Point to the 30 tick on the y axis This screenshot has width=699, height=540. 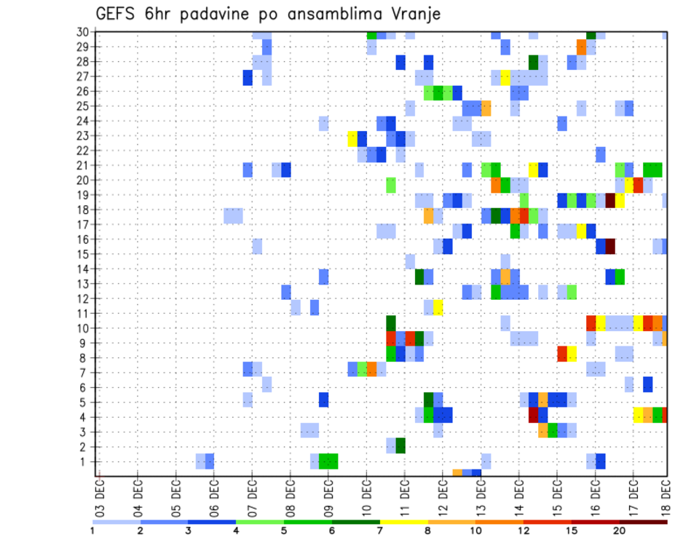pyautogui.click(x=83, y=32)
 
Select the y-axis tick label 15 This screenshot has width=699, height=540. pyautogui.click(x=83, y=254)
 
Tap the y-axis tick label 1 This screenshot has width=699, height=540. pyautogui.click(x=86, y=461)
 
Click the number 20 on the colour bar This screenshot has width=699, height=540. pyautogui.click(x=619, y=531)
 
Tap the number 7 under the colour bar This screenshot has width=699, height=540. pyautogui.click(x=379, y=531)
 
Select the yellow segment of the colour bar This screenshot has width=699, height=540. pyautogui.click(x=403, y=521)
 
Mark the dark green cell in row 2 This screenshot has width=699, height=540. pyautogui.click(x=400, y=445)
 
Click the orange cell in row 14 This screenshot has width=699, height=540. pyautogui.click(x=505, y=275)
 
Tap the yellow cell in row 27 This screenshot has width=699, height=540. pyautogui.click(x=505, y=77)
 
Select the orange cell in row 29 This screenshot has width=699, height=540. pyautogui.click(x=581, y=47)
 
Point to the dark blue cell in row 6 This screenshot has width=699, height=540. pyautogui.click(x=647, y=384)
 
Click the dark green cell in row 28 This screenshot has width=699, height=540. pyautogui.click(x=534, y=62)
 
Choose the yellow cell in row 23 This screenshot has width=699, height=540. pyautogui.click(x=353, y=136)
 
